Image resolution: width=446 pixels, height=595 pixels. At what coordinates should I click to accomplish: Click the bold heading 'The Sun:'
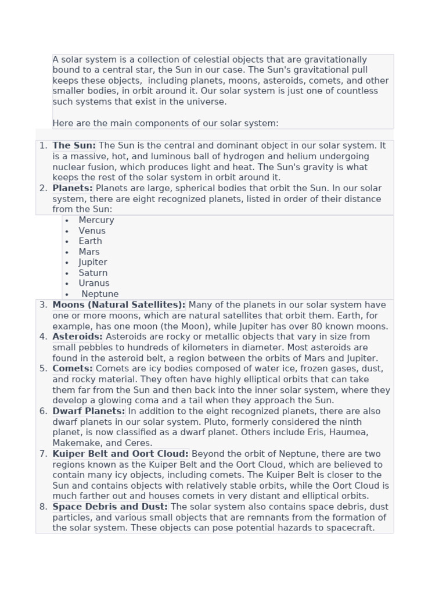[x=74, y=146]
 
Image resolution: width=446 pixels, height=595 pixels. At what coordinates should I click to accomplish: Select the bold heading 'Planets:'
[x=73, y=188]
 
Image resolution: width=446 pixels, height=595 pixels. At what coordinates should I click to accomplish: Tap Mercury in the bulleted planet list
[x=96, y=220]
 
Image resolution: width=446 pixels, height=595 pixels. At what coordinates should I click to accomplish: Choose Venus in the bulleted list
[x=92, y=231]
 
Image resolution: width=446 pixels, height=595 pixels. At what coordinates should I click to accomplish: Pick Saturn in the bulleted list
[x=93, y=273]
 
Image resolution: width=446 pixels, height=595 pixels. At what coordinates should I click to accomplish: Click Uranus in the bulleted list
[x=94, y=284]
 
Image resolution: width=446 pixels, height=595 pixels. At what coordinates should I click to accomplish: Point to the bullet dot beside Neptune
[x=67, y=295]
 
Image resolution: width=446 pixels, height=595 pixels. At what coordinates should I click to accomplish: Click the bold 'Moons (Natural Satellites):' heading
[x=119, y=305]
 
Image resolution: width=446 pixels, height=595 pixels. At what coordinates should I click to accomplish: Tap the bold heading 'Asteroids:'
[x=77, y=336]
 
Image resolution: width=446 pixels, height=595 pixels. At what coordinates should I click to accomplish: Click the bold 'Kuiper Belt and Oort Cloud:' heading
[x=120, y=454]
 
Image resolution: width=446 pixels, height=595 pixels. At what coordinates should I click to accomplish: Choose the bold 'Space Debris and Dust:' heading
[x=110, y=507]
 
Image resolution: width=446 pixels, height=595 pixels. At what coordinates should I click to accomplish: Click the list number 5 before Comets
[x=44, y=368]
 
